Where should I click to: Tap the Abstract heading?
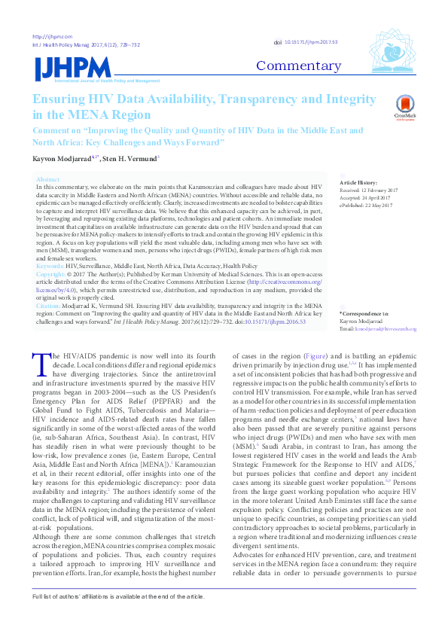tap(47, 180)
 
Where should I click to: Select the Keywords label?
tap(50, 267)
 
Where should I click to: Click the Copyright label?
tap(51, 275)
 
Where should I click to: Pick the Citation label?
tap(49, 306)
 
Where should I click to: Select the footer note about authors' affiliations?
tap(117, 617)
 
